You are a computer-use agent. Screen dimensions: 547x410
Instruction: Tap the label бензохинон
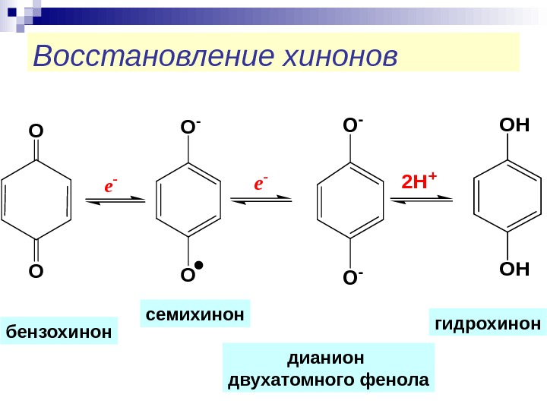click(59, 332)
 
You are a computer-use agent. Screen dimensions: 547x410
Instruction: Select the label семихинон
click(195, 313)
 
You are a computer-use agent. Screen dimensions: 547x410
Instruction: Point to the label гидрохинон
click(488, 323)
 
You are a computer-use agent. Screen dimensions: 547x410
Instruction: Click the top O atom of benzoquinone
click(36, 132)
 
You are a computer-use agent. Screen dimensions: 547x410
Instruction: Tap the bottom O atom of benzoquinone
click(36, 271)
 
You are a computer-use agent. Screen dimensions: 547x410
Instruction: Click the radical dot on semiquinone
click(198, 266)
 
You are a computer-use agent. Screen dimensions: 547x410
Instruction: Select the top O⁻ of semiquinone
click(190, 128)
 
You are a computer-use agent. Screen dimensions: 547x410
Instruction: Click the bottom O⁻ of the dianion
click(351, 279)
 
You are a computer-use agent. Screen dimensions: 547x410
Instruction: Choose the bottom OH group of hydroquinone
click(513, 270)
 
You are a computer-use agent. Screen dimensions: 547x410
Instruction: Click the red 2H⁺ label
click(419, 182)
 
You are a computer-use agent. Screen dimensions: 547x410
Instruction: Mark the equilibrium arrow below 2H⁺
click(421, 200)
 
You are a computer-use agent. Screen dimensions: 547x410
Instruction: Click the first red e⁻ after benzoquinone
click(112, 184)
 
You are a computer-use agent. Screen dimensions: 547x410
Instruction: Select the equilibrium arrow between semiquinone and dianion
click(261, 199)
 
